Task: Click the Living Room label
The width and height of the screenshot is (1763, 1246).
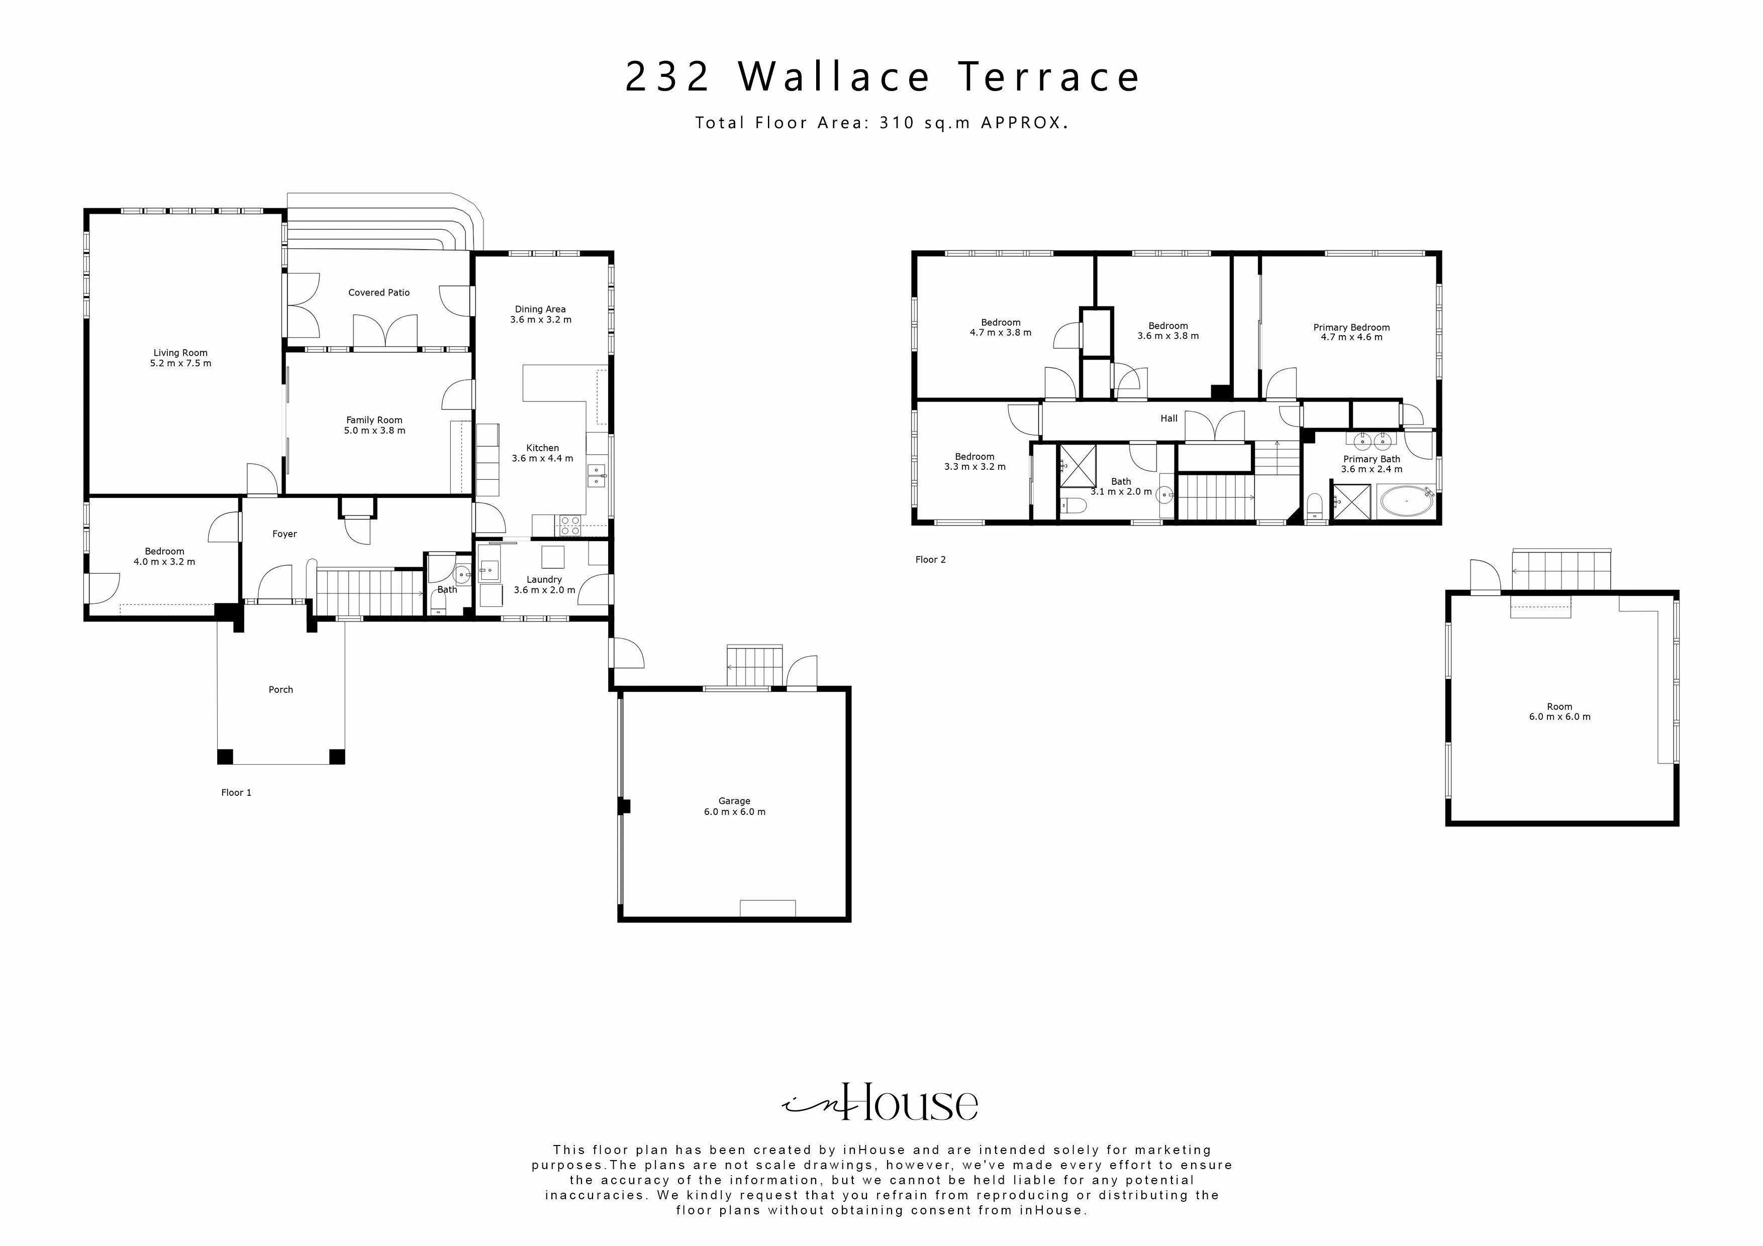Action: (x=180, y=353)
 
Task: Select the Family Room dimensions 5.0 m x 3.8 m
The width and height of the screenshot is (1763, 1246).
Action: (x=375, y=431)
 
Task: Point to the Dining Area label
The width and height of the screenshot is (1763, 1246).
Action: (x=541, y=309)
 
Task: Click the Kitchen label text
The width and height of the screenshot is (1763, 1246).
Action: (x=542, y=448)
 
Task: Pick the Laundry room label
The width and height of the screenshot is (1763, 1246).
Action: (x=544, y=580)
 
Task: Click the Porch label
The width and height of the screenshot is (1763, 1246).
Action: (x=281, y=689)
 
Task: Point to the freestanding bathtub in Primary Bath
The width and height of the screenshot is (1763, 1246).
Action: (x=1407, y=503)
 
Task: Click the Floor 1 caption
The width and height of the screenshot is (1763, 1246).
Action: (x=237, y=792)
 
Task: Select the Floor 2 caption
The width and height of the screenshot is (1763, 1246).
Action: (x=931, y=560)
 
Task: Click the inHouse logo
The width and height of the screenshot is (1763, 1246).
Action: (x=880, y=1103)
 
